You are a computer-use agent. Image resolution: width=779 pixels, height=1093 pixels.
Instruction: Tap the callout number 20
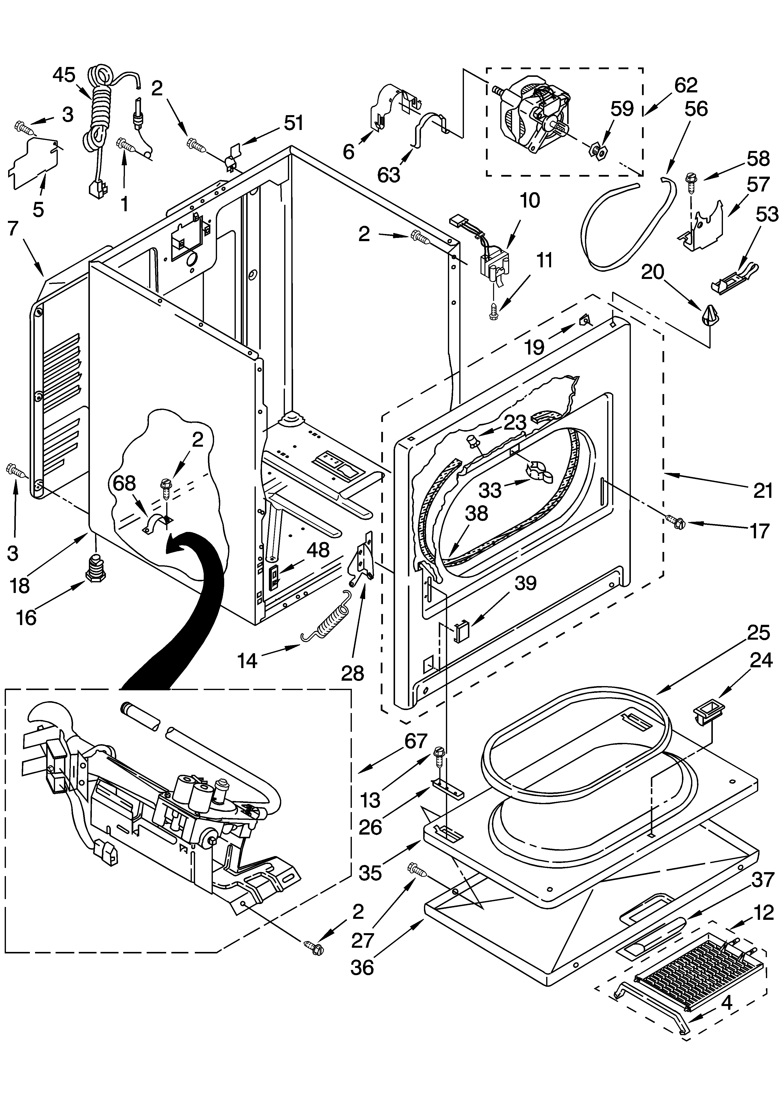[x=652, y=272]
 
